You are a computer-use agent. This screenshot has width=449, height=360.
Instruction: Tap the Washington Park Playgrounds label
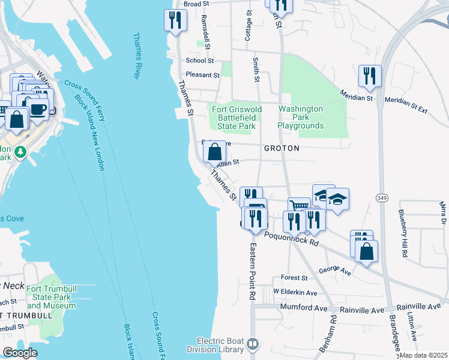(x=301, y=117)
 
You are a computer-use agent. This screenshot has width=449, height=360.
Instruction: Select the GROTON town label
(x=280, y=148)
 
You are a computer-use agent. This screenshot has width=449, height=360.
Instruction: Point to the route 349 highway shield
(x=382, y=197)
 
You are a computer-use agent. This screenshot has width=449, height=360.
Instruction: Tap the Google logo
(x=20, y=353)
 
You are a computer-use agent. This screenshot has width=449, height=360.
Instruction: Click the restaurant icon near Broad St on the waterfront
(x=175, y=21)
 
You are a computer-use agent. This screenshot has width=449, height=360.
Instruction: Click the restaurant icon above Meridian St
(x=369, y=76)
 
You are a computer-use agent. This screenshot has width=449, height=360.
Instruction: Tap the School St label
(x=200, y=61)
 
